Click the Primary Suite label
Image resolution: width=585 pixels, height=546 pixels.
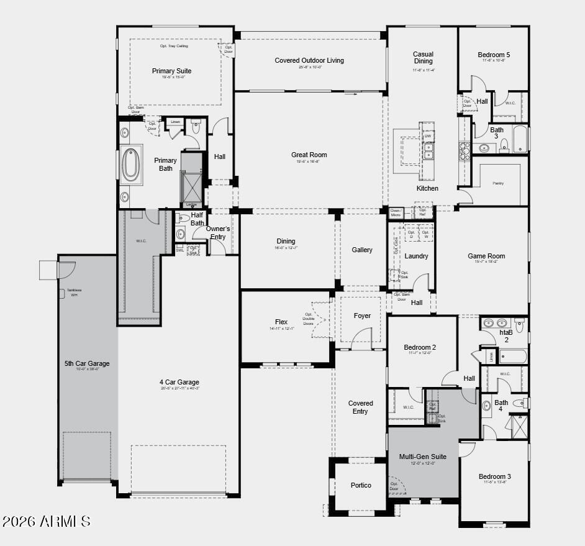coord(171,71)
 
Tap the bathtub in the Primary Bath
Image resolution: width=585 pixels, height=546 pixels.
coord(130,165)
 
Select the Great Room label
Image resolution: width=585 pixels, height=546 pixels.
coord(309,155)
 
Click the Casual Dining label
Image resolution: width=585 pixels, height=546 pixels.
coord(424,58)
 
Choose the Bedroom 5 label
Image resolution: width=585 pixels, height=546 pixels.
coord(494,55)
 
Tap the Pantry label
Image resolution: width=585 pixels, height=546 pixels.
coord(498,183)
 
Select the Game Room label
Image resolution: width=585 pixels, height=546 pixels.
coord(486,256)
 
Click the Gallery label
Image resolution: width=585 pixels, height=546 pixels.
coord(362,250)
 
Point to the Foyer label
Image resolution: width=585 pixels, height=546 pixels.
coord(362,316)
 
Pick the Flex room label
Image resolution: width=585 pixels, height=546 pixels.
coord(281,322)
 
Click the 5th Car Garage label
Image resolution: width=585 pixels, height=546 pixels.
coord(87,363)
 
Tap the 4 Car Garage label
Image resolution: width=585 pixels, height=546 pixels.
coord(179,382)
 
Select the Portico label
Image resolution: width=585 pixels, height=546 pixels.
coord(361,485)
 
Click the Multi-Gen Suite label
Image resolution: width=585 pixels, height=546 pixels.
coord(422,457)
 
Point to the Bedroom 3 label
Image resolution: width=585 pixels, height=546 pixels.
coord(494,476)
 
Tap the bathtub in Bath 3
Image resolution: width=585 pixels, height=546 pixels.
coord(519,140)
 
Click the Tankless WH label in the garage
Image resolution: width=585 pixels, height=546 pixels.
coord(73,292)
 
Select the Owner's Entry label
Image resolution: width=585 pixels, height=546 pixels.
coord(218,232)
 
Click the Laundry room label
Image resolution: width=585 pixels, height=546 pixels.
coord(416,256)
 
